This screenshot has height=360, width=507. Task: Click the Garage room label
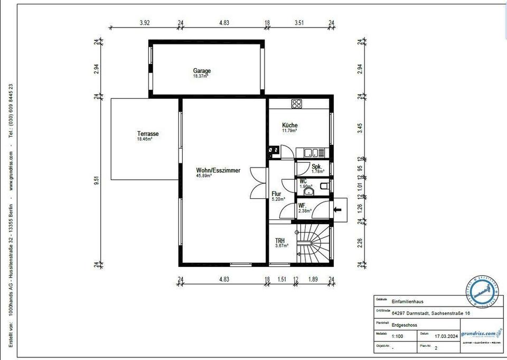202,71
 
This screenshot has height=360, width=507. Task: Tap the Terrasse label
148,134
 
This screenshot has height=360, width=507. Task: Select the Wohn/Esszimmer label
218,171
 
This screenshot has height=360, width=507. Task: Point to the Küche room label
289,126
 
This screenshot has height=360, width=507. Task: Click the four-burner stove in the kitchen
297,103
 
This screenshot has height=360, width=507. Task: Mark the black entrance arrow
337,210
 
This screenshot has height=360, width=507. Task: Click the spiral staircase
315,243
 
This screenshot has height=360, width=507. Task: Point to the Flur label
277,194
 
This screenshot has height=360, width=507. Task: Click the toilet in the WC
324,186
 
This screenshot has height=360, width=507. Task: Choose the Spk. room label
316,167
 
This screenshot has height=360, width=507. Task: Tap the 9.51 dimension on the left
97,180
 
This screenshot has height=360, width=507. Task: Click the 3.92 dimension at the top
145,23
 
